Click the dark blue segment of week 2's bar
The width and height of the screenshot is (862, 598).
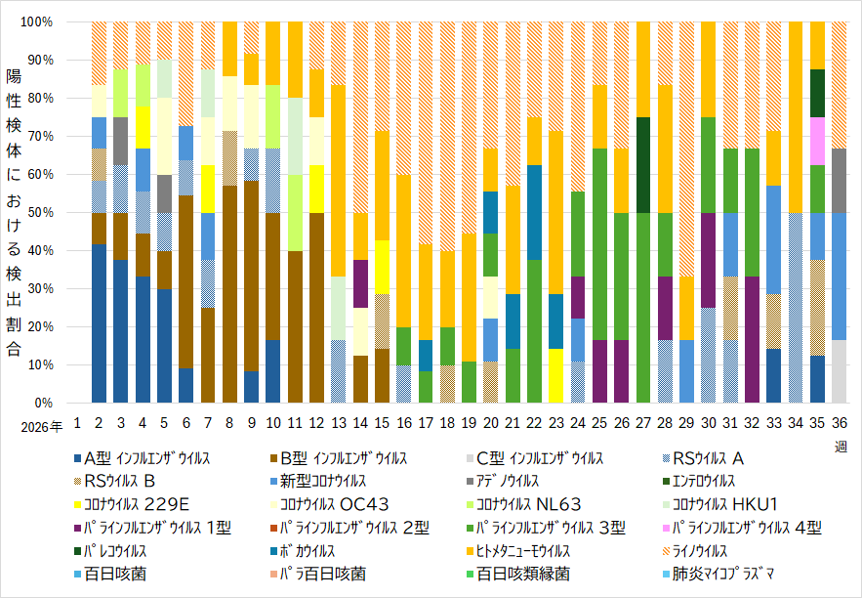coord(99,323)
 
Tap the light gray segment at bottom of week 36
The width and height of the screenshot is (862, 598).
coord(839,371)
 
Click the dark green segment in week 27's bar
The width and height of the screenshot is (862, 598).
coord(643,165)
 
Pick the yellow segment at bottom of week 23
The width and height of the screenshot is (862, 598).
coord(556,376)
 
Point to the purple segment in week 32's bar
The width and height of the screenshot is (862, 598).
coord(752,339)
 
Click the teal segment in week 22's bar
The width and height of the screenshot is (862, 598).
coord(534,212)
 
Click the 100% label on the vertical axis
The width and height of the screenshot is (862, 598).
coord(37,22)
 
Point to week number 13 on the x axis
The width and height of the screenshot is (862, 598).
coord(339,423)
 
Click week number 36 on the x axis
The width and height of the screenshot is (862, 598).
coord(839,423)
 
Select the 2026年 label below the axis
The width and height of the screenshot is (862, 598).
coord(42,427)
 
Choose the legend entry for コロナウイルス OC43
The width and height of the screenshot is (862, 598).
coord(330,504)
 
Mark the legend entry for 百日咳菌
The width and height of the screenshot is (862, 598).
coord(110,574)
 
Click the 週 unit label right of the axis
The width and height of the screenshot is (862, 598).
coord(841,447)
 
